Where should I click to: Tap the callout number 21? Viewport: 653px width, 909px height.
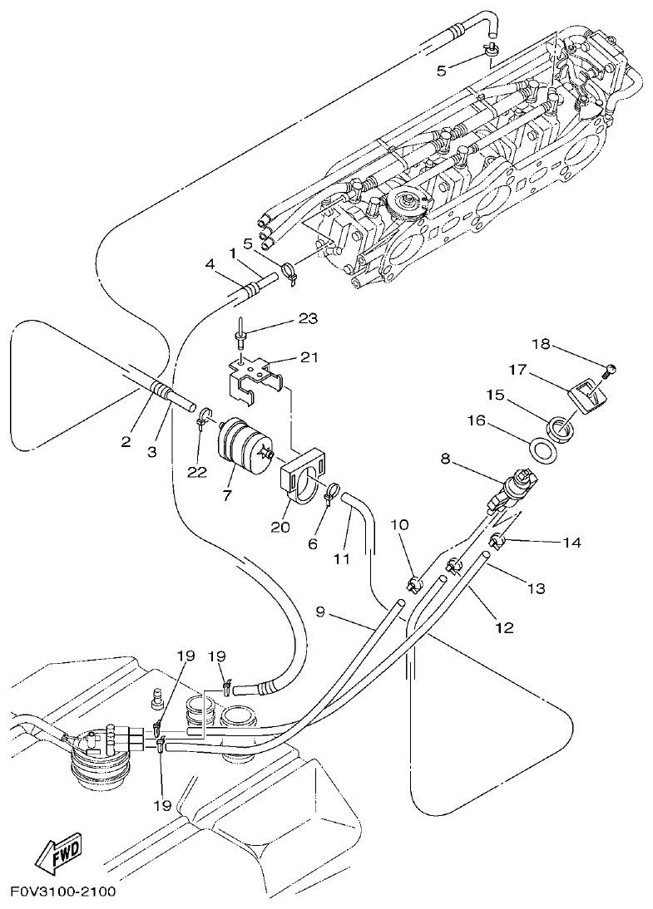pyautogui.click(x=309, y=357)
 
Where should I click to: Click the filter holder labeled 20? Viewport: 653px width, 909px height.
pyautogui.click(x=300, y=478)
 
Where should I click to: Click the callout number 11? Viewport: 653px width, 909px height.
pyautogui.click(x=342, y=559)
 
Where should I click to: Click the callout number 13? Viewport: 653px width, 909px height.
pyautogui.click(x=536, y=588)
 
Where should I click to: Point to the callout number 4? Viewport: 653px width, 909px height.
pyautogui.click(x=210, y=265)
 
